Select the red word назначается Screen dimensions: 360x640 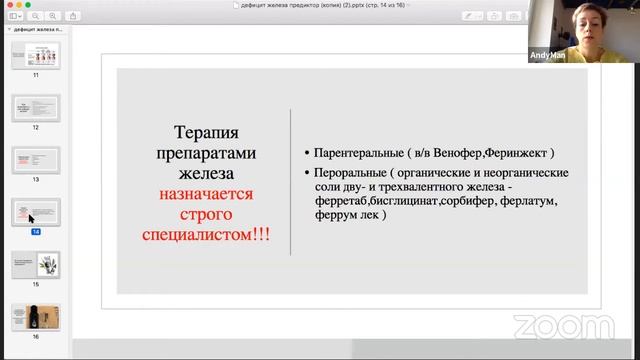coord(206,194)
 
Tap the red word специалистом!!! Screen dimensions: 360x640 coord(206,234)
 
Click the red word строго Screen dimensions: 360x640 coord(206,214)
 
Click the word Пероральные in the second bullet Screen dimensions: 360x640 coord(349,173)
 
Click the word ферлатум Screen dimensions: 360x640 coord(524,201)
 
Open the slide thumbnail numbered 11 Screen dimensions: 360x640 coord(36,55)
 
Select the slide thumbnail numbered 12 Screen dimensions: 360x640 coord(36,107)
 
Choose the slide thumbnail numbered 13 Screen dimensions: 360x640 coord(36,160)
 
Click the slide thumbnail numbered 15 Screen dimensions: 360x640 coord(36,264)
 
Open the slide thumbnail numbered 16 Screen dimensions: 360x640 coord(36,317)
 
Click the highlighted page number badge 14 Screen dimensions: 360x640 coord(36,231)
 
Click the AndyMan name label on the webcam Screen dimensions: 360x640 coord(549,57)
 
